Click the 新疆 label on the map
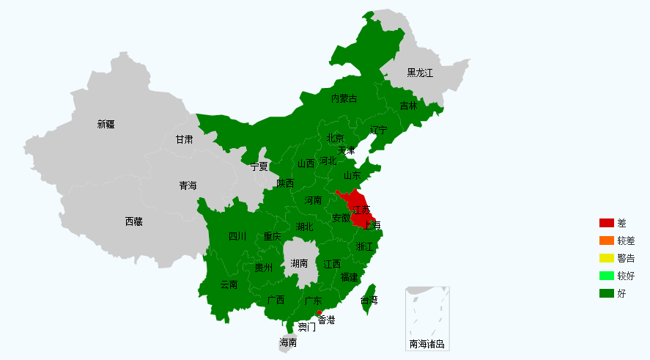click(106, 124)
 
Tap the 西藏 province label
click(133, 221)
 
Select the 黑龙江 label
click(420, 73)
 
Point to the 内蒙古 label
click(344, 98)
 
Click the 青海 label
click(188, 185)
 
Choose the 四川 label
click(237, 236)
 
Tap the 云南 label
click(229, 284)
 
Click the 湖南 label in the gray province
click(299, 263)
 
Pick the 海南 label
click(288, 342)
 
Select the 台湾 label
click(369, 300)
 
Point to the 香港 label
click(326, 320)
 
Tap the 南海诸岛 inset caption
click(427, 344)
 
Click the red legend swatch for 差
click(606, 223)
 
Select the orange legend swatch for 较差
click(606, 240)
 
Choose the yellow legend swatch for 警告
click(606, 258)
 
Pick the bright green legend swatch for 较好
click(606, 276)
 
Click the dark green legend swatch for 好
click(606, 293)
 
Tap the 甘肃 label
click(184, 139)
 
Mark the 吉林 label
click(408, 106)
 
